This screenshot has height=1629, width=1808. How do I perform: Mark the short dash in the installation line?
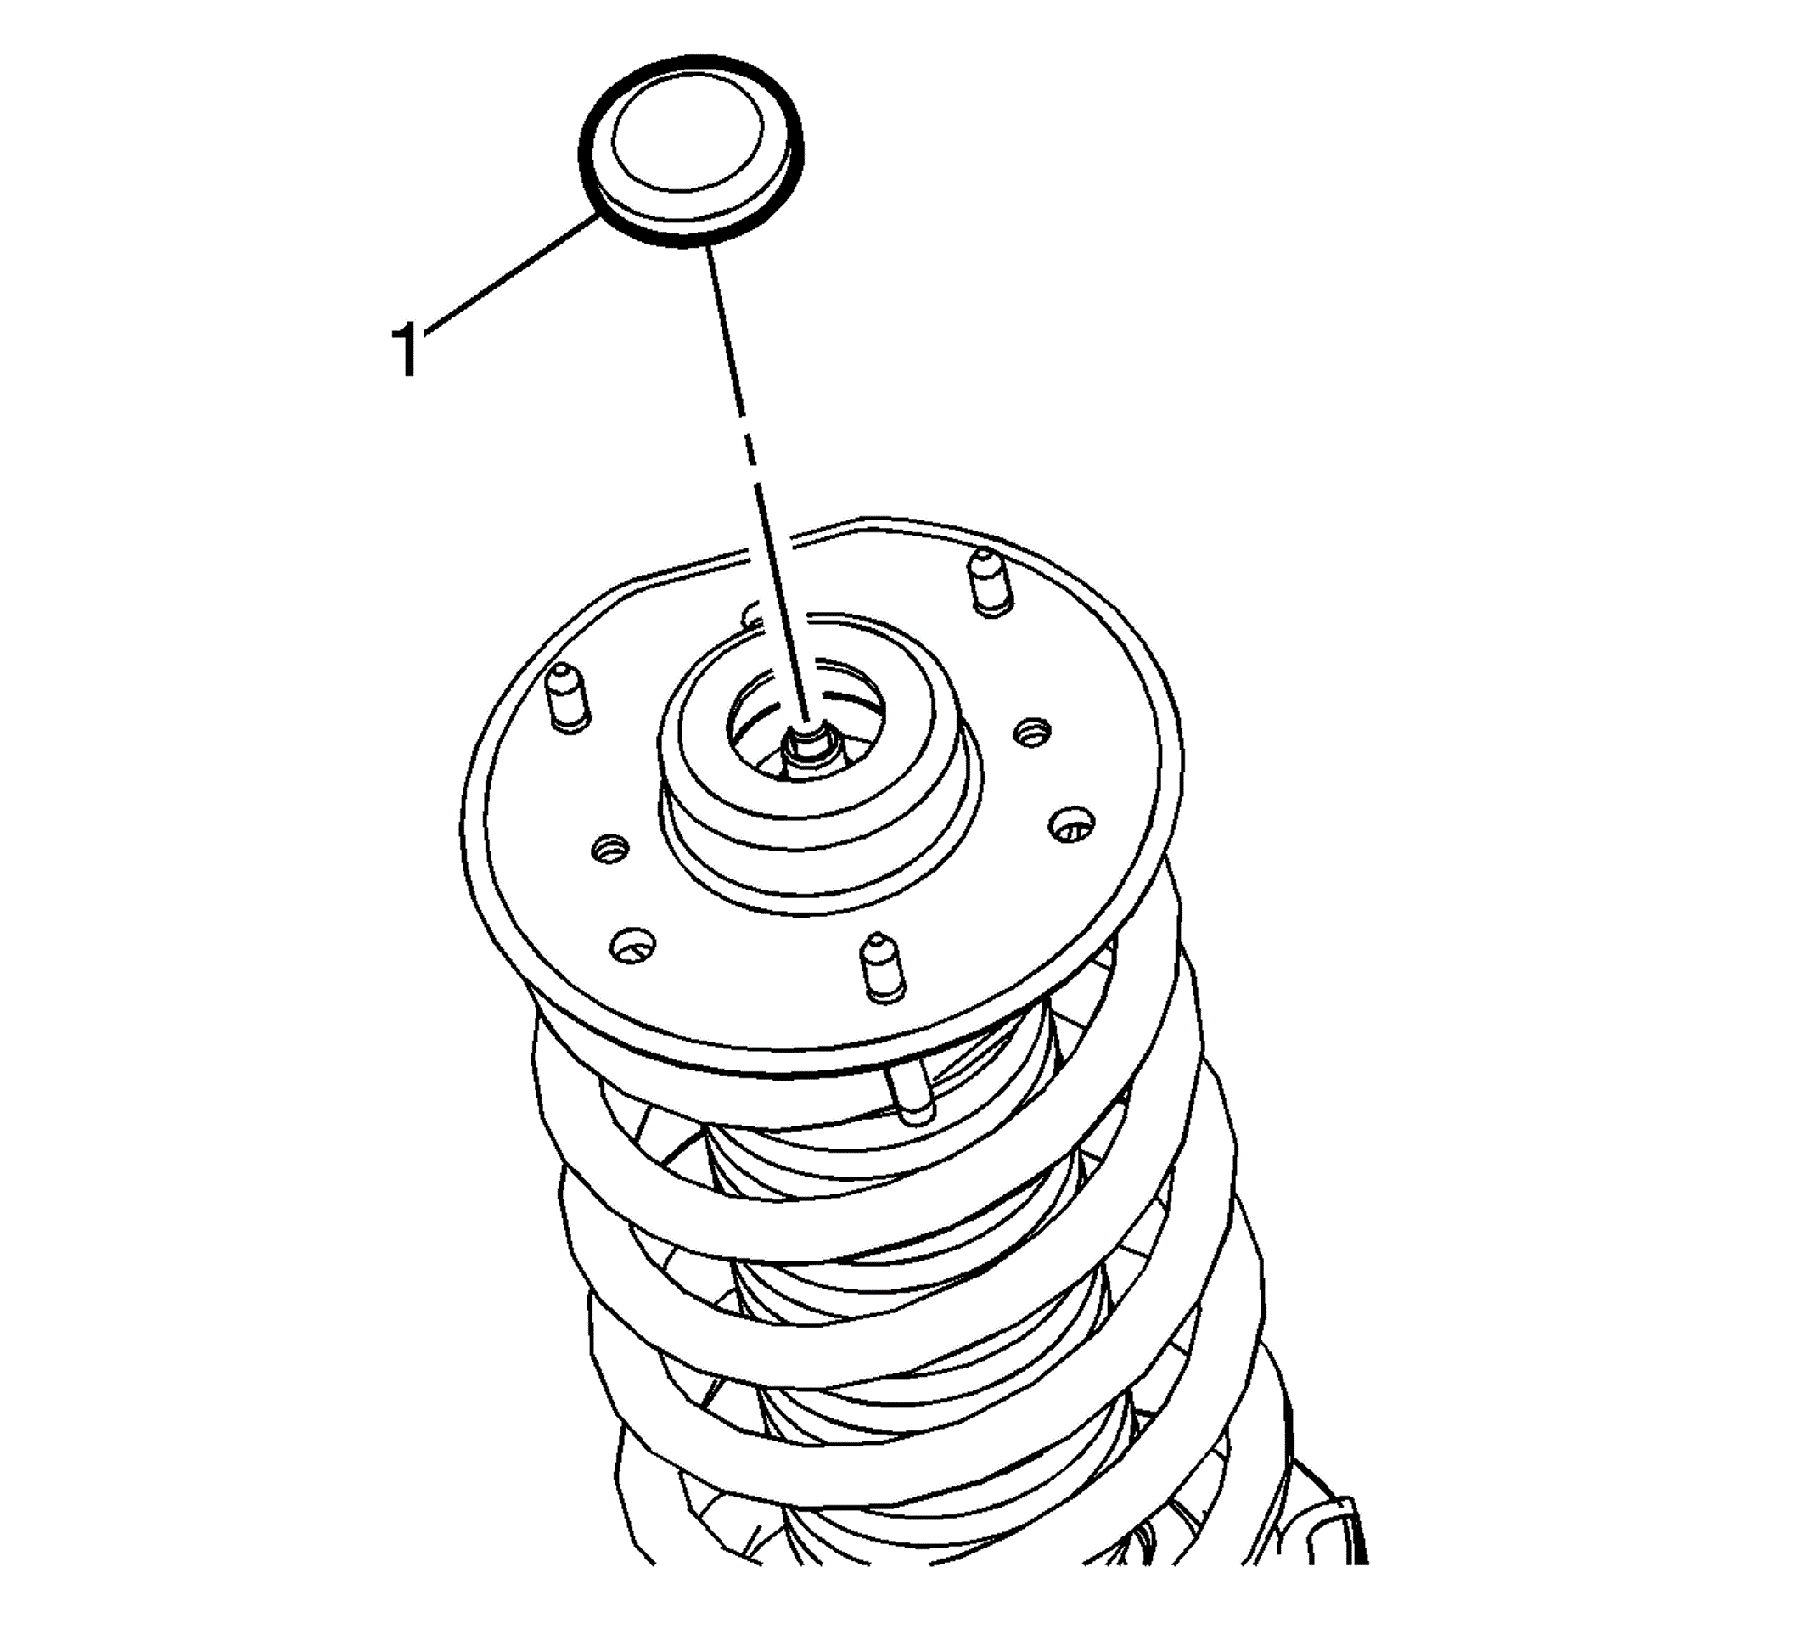(745, 441)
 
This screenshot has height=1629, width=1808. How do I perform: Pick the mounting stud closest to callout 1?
(568, 699)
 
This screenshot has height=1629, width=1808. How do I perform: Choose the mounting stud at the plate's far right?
(991, 582)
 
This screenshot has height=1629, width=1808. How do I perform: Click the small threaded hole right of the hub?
(1033, 732)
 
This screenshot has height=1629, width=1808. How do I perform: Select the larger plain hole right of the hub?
(1070, 824)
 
